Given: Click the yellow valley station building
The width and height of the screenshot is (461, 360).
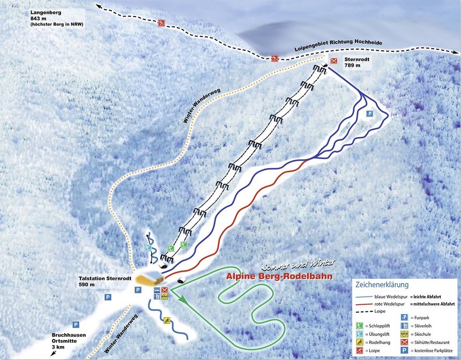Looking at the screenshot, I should click(150, 277).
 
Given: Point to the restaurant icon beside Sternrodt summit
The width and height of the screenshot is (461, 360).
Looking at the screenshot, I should click(334, 61).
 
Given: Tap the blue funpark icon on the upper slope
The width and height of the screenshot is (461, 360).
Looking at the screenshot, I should click(369, 114).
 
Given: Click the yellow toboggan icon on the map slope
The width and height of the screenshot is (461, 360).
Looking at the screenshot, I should click(167, 320).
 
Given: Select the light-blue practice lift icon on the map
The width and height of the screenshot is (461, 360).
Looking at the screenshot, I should click(148, 248).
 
